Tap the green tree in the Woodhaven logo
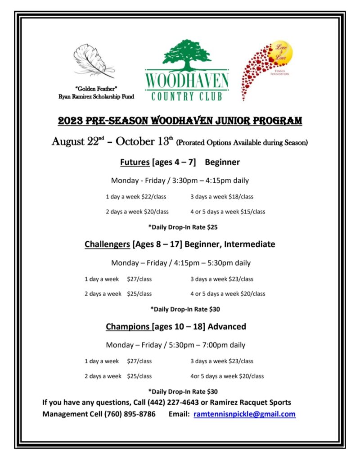(x=187, y=54)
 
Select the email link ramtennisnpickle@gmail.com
(x=244, y=414)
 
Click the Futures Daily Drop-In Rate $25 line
(x=180, y=227)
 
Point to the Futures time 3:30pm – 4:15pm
(x=211, y=181)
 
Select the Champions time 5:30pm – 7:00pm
(x=207, y=345)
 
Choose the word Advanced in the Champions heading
(x=227, y=326)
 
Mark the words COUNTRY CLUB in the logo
(x=187, y=96)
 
